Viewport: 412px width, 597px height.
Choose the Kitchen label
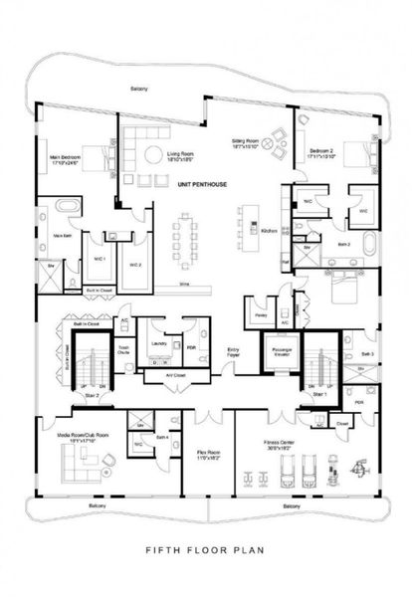coord(268,230)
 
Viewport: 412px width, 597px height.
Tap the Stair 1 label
coord(317,394)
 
